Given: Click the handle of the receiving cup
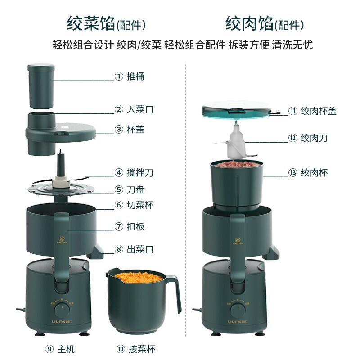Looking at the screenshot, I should [174, 292].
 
